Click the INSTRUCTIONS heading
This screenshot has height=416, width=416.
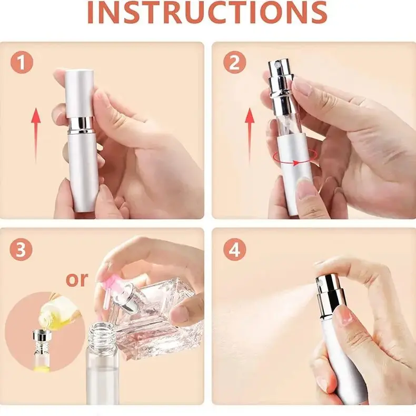(207, 13)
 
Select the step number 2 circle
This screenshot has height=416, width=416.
(234, 63)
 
